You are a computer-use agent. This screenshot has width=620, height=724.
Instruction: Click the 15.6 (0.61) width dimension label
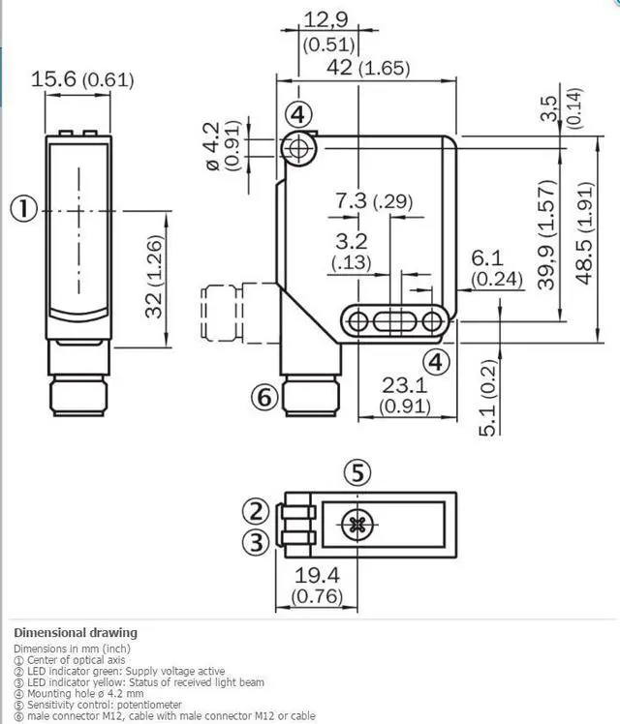(82, 80)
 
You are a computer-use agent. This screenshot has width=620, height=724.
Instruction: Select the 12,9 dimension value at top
(325, 20)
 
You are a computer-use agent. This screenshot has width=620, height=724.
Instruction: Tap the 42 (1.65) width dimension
(368, 68)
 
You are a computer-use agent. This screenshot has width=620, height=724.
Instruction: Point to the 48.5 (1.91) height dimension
(584, 233)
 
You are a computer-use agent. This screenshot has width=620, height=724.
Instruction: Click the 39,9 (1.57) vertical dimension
(546, 234)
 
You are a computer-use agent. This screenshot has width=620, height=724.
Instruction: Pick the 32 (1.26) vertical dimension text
(154, 277)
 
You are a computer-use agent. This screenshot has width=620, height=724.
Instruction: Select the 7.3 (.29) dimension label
(374, 201)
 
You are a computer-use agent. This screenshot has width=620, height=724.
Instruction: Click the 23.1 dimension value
(404, 385)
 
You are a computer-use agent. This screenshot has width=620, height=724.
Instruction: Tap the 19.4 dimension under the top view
(317, 575)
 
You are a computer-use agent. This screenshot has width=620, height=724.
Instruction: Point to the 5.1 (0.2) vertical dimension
(488, 398)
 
